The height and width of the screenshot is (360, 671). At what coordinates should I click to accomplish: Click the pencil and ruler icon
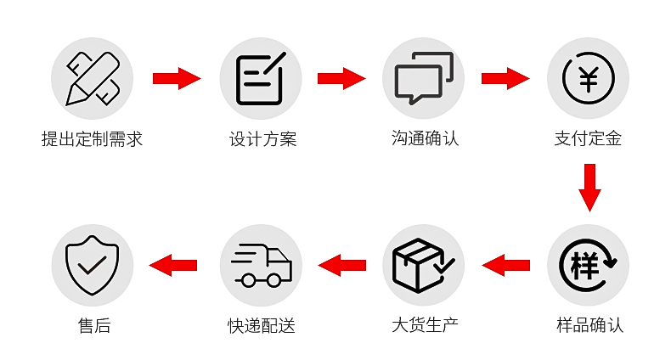click(92, 78)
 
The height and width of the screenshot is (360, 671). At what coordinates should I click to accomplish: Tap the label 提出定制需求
click(92, 139)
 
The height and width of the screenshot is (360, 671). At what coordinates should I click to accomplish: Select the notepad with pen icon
click(261, 78)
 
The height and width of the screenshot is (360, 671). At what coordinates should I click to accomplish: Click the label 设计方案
click(262, 139)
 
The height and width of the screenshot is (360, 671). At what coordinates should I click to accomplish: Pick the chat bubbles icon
click(423, 78)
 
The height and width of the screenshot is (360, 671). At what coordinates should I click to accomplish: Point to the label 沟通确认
click(425, 138)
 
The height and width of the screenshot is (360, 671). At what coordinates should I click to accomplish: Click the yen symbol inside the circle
click(588, 79)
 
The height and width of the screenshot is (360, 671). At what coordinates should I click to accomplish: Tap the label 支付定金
click(588, 138)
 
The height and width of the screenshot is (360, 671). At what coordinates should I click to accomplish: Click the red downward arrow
click(589, 188)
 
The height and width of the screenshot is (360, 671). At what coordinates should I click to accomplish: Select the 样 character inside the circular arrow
click(584, 266)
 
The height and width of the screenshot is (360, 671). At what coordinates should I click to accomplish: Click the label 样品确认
click(589, 325)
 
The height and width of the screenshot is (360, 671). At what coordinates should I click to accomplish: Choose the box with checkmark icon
click(423, 265)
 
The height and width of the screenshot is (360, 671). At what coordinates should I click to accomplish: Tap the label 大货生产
click(425, 325)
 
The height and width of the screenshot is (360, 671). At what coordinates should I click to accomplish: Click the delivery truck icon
click(261, 265)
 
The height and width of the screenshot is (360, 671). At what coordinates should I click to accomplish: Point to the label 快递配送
click(262, 326)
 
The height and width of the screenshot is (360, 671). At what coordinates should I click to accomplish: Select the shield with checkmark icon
click(92, 265)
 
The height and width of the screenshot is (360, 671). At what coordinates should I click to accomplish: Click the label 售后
click(94, 326)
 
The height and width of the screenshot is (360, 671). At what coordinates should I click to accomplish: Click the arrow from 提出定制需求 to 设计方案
click(177, 78)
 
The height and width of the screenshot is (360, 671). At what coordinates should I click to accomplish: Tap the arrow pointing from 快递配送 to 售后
click(173, 265)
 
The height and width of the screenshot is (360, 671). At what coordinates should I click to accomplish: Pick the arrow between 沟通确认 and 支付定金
click(505, 78)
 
